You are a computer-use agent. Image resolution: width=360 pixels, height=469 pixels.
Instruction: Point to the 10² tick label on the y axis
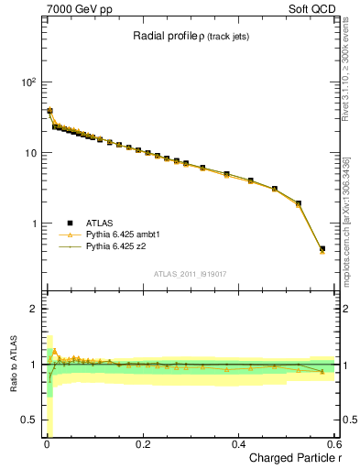28,82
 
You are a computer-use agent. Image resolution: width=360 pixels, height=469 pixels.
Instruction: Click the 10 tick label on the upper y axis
29,153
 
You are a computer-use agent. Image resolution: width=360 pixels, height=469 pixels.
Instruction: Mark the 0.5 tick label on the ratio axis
28,420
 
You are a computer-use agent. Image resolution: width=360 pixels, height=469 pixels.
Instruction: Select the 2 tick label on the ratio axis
33,309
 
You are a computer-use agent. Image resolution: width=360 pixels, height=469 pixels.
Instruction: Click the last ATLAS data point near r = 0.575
322,248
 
